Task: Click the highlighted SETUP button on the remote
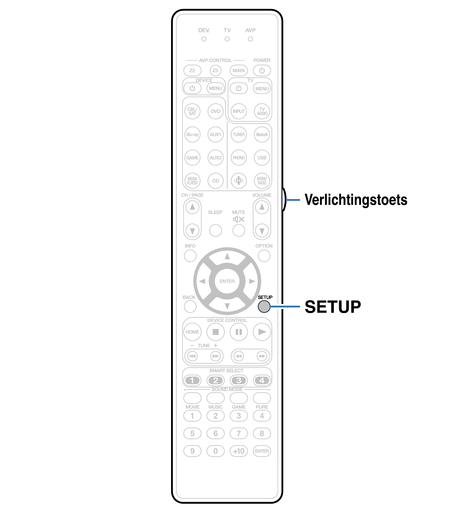pyautogui.click(x=264, y=306)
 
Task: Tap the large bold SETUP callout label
pyautogui.click(x=333, y=306)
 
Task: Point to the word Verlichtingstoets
pyautogui.click(x=356, y=200)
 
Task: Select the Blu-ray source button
pyautogui.click(x=192, y=134)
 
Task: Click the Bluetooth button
pyautogui.click(x=262, y=134)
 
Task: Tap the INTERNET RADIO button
pyautogui.click(x=262, y=181)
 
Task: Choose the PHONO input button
pyautogui.click(x=239, y=158)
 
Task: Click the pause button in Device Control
pyautogui.click(x=239, y=332)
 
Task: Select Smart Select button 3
pyautogui.click(x=239, y=380)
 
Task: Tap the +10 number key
pyautogui.click(x=239, y=451)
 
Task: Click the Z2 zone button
pyautogui.click(x=192, y=70)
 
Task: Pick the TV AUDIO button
pyautogui.click(x=262, y=111)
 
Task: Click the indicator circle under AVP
pyautogui.click(x=250, y=39)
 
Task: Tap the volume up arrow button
pyautogui.click(x=262, y=207)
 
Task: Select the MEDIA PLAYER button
pyautogui.click(x=192, y=181)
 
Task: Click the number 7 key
pyautogui.click(x=239, y=433)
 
